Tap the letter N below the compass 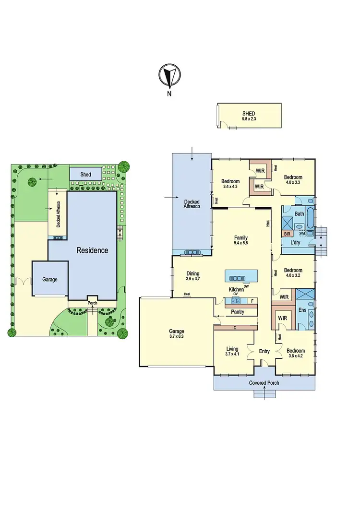[x=169, y=94]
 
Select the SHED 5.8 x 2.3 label [x=249, y=116]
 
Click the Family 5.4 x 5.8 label [x=240, y=240]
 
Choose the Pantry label [x=237, y=312]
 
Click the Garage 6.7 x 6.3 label [x=176, y=334]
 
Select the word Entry [x=264, y=352]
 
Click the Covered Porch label [x=264, y=383]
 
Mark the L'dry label [x=296, y=243]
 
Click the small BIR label [x=287, y=234]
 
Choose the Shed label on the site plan [x=85, y=175]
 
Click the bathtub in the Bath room [x=311, y=219]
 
